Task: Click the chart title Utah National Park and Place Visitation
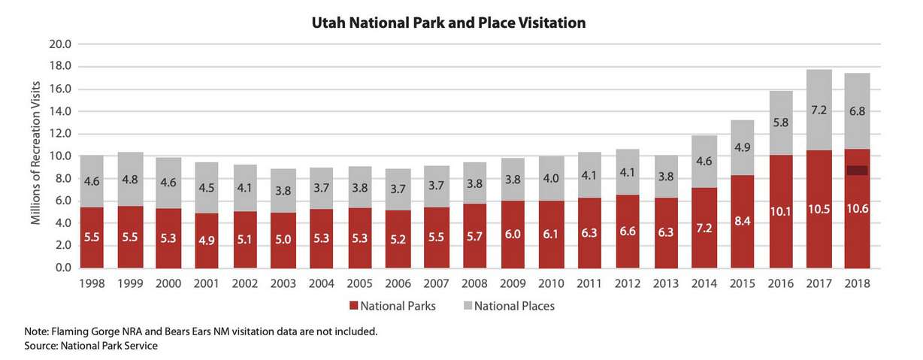point(449,23)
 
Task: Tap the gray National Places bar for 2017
point(819,109)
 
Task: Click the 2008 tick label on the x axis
point(474,283)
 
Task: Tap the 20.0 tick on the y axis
point(60,44)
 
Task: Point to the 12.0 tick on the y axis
point(60,134)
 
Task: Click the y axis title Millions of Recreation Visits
point(35,156)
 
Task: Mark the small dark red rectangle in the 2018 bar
point(857,171)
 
